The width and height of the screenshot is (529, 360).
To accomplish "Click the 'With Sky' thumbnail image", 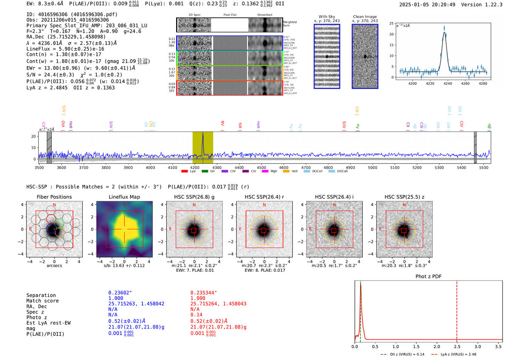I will pos(327,57).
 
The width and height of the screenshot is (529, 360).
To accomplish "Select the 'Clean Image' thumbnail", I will pos(365,57).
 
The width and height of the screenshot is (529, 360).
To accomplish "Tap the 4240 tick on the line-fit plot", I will pos(448,83).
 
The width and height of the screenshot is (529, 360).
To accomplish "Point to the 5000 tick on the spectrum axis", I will pos(373,167).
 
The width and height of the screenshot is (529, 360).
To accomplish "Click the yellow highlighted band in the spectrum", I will pos(203,147).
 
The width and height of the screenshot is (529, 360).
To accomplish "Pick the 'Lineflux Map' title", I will pos(124,197).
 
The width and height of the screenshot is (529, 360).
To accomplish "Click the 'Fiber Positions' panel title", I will pos(54,197).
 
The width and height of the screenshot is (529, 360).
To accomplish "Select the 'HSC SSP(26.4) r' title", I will pos(264,197).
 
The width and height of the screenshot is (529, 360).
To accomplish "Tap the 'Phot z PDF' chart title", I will pos(428,277).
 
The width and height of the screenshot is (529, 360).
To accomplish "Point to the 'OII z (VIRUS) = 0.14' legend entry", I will pos(402,354).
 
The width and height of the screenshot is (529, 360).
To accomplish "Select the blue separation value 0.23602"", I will pos(120,293).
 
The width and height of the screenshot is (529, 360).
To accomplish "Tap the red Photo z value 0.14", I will pos(196,315).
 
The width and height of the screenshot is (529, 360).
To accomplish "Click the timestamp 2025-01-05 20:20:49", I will pos(427,5).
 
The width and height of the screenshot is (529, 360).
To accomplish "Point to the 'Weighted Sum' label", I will pos(290,24).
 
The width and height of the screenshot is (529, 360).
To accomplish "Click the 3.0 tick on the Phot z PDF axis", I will pos(478,346).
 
